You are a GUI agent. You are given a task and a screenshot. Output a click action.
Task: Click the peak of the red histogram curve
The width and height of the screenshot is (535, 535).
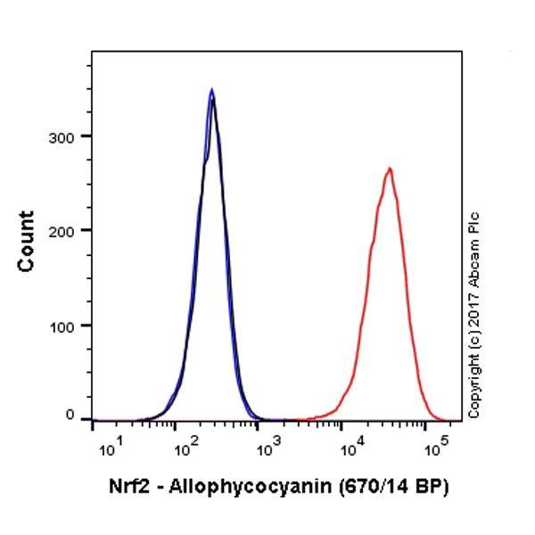point(389,169)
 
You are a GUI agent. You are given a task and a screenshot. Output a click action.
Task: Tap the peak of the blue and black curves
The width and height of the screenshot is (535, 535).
point(211,91)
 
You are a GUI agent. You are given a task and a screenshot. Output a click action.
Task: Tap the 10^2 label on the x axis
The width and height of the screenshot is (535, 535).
point(186,443)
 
